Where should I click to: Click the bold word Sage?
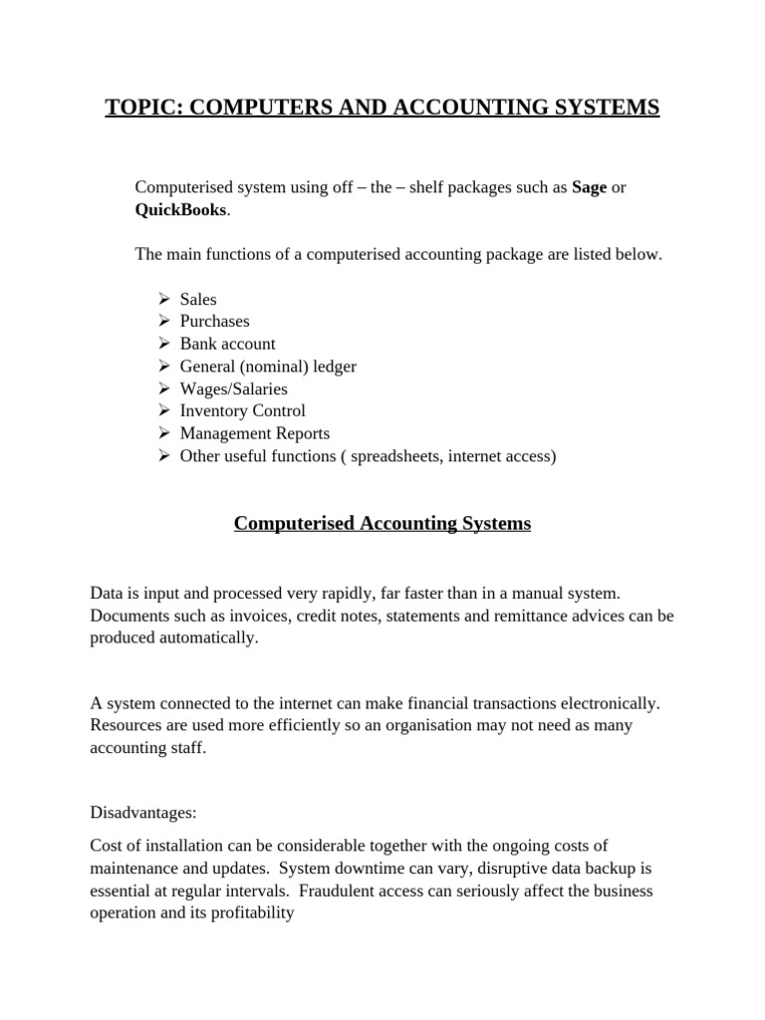[x=589, y=187]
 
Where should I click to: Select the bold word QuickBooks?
[x=181, y=209]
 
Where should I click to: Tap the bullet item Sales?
[x=197, y=299]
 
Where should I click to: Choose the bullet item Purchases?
[x=214, y=321]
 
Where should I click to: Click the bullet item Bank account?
[x=227, y=344]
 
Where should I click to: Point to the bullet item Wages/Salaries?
[x=233, y=388]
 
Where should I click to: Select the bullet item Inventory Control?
[x=242, y=410]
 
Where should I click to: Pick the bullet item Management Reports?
[x=254, y=433]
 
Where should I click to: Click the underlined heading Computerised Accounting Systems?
[x=382, y=523]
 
